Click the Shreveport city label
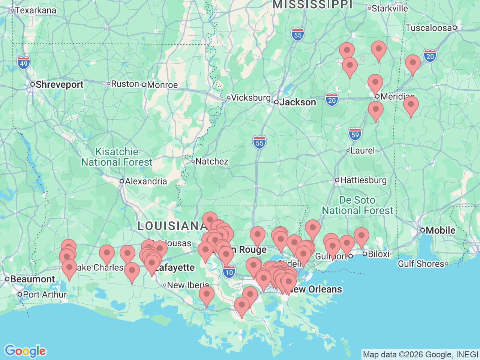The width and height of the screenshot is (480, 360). (59, 85)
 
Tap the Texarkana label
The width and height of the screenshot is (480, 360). (35, 10)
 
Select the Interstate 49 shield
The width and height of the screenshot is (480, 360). (24, 63)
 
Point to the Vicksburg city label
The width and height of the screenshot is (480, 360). (250, 98)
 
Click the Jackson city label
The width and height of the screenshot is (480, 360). (298, 102)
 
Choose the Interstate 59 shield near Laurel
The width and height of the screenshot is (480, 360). (355, 135)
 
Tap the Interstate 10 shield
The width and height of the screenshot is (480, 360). (229, 272)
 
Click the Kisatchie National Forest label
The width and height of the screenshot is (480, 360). (117, 157)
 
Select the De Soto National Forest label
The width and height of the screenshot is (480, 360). (357, 205)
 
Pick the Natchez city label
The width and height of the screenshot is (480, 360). (212, 162)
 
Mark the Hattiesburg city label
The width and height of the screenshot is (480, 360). (363, 180)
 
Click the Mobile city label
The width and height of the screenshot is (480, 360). (440, 230)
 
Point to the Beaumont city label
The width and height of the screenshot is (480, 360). (33, 279)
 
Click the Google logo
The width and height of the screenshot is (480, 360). (25, 351)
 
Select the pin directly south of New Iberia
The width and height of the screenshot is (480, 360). (207, 295)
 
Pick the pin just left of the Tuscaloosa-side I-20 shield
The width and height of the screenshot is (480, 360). (413, 64)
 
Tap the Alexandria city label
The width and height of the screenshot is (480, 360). (145, 181)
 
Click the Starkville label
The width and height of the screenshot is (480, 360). (390, 8)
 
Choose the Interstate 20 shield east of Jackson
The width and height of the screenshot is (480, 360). (332, 100)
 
